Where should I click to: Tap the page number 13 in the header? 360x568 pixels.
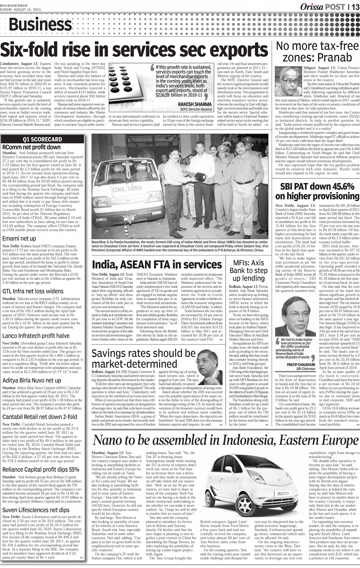pos(355,7)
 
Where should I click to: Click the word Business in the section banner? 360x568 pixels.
pos(40,25)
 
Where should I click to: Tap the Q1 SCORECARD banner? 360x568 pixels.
pos(42,139)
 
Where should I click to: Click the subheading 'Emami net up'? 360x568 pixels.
pos(19,239)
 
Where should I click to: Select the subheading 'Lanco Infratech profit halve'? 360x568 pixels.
pos(36,335)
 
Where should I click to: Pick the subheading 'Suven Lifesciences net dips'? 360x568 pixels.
pos(36,510)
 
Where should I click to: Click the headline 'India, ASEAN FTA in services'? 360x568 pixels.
pos(157,265)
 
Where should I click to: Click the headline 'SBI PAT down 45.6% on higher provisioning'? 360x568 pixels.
pos(317,191)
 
